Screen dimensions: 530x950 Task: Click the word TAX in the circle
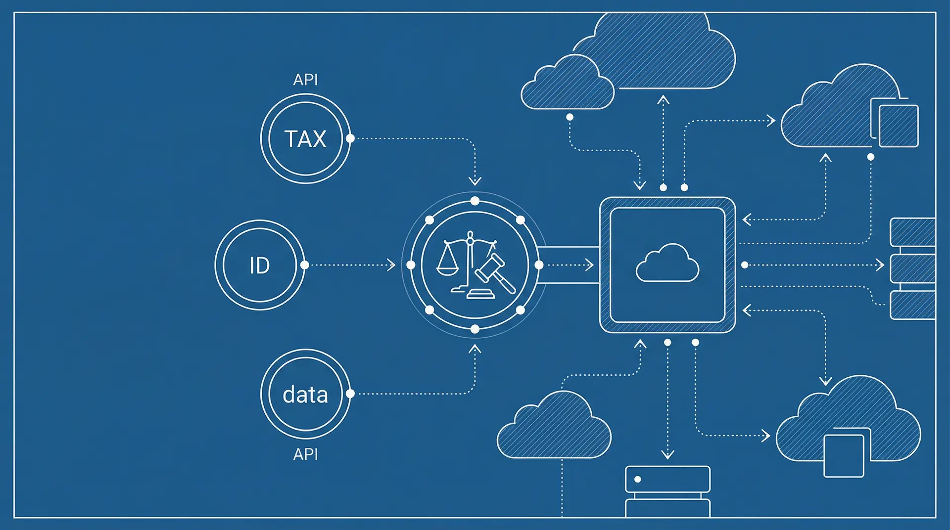pos(305,139)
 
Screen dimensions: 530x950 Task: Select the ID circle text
pos(259,265)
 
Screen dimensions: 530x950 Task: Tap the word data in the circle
pos(305,395)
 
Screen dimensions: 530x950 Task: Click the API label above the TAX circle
pos(305,80)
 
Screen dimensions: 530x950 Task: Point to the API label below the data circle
pos(305,454)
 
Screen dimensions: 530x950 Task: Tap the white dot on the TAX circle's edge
pos(350,138)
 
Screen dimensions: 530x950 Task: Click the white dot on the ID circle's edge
pos(305,265)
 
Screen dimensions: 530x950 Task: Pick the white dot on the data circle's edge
pos(350,394)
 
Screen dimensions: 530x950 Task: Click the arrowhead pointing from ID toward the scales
pos(391,265)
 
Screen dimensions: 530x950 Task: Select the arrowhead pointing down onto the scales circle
pos(475,181)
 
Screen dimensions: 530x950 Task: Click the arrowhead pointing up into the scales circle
pos(475,349)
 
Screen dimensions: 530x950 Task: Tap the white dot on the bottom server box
pos(638,479)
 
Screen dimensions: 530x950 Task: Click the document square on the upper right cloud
pos(898,126)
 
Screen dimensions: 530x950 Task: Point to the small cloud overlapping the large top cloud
pos(567,84)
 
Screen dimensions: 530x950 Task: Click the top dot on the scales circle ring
pos(475,201)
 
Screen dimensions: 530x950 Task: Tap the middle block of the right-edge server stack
pos(912,268)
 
